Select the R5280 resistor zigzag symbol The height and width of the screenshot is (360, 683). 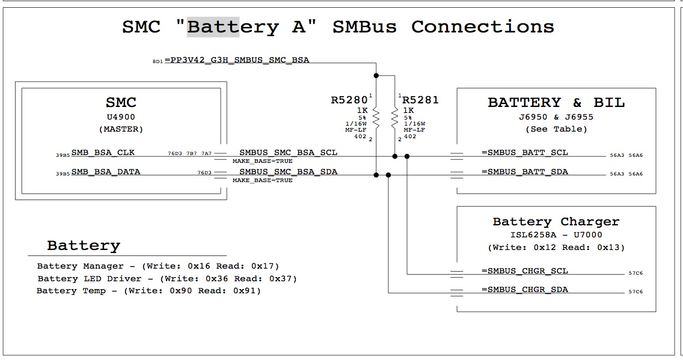point(376,118)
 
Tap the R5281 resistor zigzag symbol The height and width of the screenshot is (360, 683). point(394,118)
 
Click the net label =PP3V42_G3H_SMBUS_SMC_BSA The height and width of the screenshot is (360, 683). point(237,60)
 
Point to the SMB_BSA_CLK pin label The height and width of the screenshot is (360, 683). point(103,153)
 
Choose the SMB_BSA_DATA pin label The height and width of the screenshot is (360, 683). point(106,171)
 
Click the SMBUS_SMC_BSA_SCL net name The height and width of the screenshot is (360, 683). point(289,153)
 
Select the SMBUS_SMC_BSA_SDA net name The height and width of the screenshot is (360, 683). point(289,171)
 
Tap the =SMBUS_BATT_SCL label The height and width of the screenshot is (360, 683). point(525,153)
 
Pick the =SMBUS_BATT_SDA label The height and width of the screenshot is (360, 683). point(525,171)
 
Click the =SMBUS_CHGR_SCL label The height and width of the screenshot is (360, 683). point(525,271)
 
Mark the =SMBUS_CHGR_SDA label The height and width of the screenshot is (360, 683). point(525,290)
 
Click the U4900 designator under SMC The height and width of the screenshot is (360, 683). point(121,117)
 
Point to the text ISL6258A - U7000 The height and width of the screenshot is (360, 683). point(556,234)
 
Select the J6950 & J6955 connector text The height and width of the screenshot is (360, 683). point(556,117)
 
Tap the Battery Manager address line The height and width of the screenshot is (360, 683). point(158,266)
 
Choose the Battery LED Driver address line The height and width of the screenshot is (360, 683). point(167,279)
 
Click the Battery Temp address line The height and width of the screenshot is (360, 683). point(149,291)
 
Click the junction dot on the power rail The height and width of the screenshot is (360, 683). point(376,76)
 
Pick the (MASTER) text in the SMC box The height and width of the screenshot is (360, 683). point(121,129)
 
